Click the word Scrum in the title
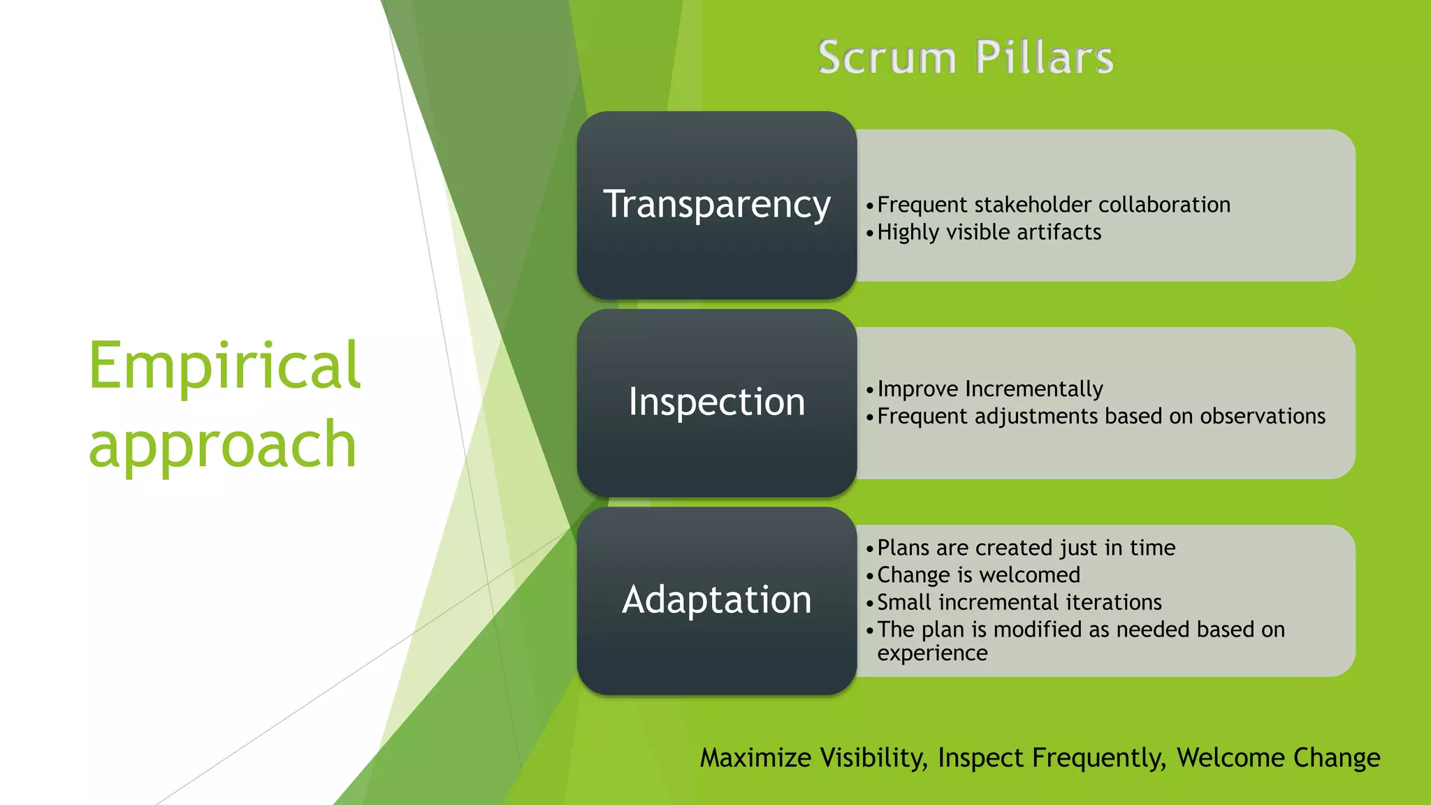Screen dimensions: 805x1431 pos(886,57)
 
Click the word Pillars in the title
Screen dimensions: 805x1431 pos(1044,57)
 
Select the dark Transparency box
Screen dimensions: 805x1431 pos(716,205)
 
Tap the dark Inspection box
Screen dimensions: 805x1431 pos(716,402)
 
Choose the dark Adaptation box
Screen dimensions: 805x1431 pos(716,600)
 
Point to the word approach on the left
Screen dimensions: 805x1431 pos(222,444)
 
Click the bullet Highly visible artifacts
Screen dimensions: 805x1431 pos(989,232)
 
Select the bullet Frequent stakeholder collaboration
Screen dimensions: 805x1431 pos(1053,205)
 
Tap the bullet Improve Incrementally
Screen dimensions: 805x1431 pos(989,389)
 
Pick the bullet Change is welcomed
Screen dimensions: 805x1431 pos(978,575)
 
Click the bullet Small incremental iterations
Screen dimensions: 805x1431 pos(1019,602)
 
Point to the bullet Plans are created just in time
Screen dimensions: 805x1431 pos(1026,548)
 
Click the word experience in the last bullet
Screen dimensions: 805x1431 pos(932,653)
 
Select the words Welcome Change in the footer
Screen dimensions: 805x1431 pos(1278,758)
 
